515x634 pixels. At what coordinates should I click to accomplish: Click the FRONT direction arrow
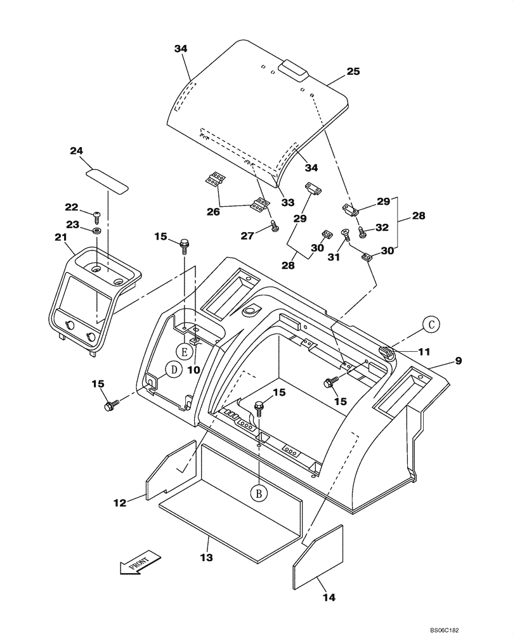[x=136, y=564]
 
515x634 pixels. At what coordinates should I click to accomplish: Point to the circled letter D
[x=171, y=370]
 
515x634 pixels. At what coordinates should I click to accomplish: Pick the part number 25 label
[x=353, y=72]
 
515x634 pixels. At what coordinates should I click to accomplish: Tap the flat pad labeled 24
[x=107, y=179]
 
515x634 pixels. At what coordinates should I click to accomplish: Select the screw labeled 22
[x=97, y=217]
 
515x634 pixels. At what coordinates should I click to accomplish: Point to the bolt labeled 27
[x=274, y=226]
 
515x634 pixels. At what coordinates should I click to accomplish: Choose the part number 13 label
[x=206, y=557]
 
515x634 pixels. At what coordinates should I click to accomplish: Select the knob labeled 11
[x=386, y=352]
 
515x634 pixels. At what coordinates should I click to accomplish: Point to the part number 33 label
[x=287, y=203]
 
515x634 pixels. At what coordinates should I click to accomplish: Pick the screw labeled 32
[x=363, y=231]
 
